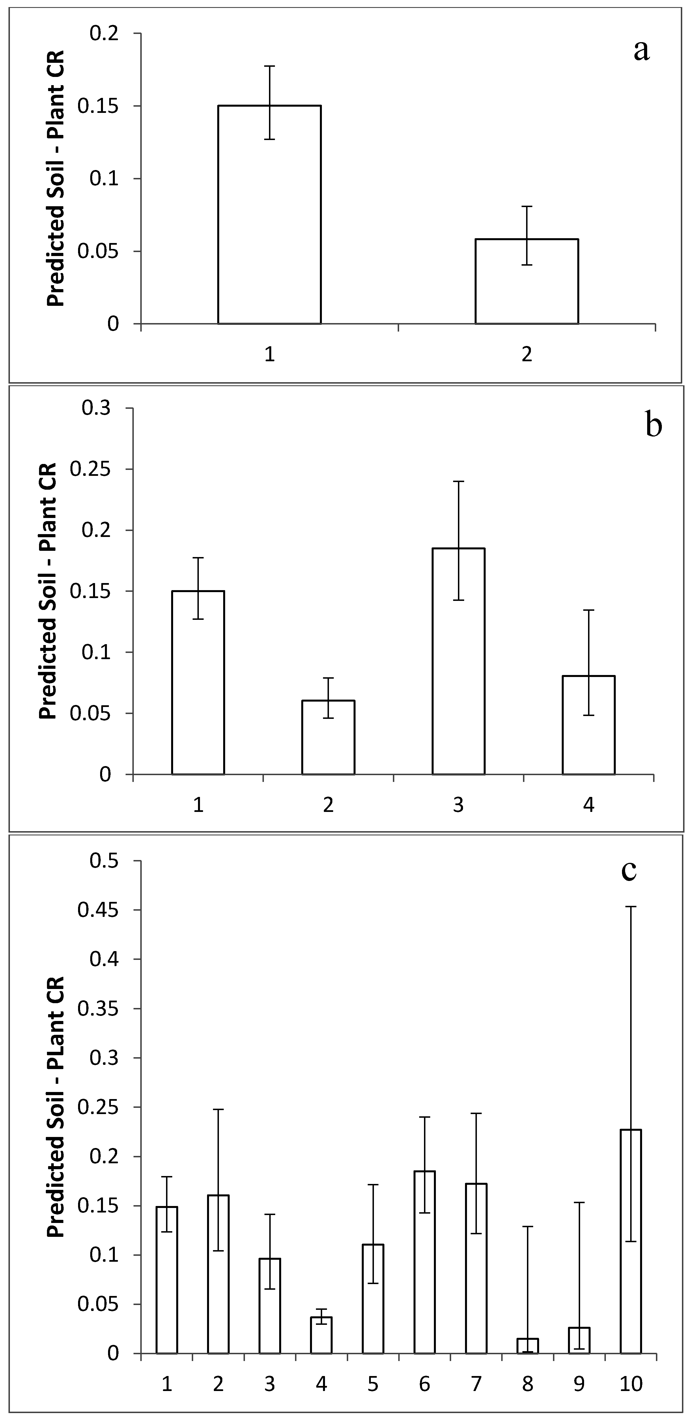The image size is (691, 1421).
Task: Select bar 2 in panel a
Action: [527, 281]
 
